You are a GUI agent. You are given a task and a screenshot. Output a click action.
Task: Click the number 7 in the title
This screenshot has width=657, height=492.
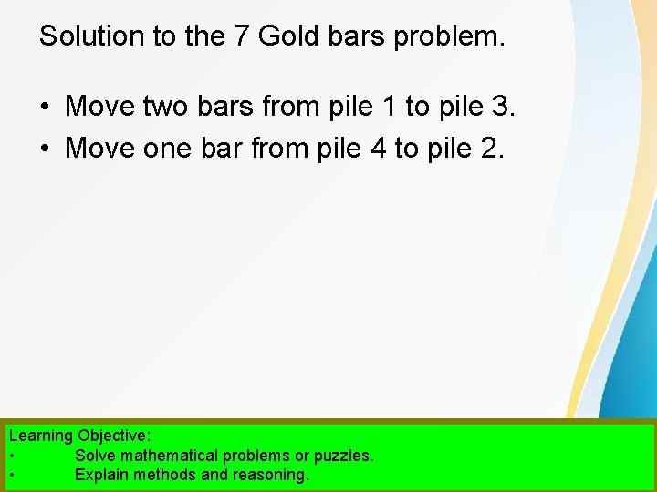pyautogui.click(x=244, y=36)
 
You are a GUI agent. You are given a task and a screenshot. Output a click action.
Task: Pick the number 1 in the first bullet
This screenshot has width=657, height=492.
pyautogui.click(x=389, y=107)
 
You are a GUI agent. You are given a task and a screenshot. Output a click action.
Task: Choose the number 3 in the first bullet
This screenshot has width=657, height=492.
pyautogui.click(x=503, y=107)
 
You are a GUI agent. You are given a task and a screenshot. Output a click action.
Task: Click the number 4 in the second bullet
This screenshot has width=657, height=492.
pyautogui.click(x=378, y=146)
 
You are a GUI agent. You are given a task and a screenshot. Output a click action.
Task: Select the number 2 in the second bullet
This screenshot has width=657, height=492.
pyautogui.click(x=489, y=146)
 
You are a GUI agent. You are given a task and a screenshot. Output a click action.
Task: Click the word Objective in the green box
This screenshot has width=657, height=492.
pyautogui.click(x=113, y=436)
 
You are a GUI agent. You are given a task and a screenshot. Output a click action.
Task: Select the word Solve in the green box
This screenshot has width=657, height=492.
pyautogui.click(x=95, y=456)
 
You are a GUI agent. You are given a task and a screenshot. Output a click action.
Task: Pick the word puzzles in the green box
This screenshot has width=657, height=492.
pyautogui.click(x=342, y=456)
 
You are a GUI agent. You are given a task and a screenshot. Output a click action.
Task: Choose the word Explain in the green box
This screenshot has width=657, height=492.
pyautogui.click(x=102, y=475)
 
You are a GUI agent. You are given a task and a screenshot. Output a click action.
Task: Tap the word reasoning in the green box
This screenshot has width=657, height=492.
pyautogui.click(x=271, y=475)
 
